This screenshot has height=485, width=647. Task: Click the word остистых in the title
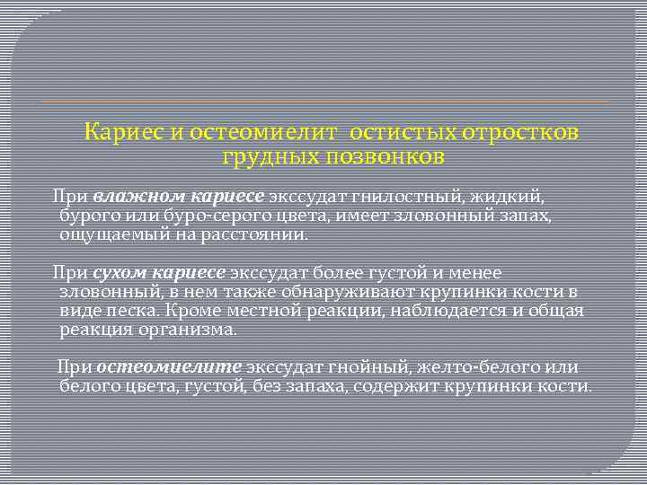pyautogui.click(x=401, y=133)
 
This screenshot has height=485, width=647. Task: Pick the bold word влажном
pyautogui.click(x=133, y=195)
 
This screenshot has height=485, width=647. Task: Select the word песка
pyautogui.click(x=133, y=311)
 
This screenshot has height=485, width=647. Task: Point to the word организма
pyautogui.click(x=191, y=330)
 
